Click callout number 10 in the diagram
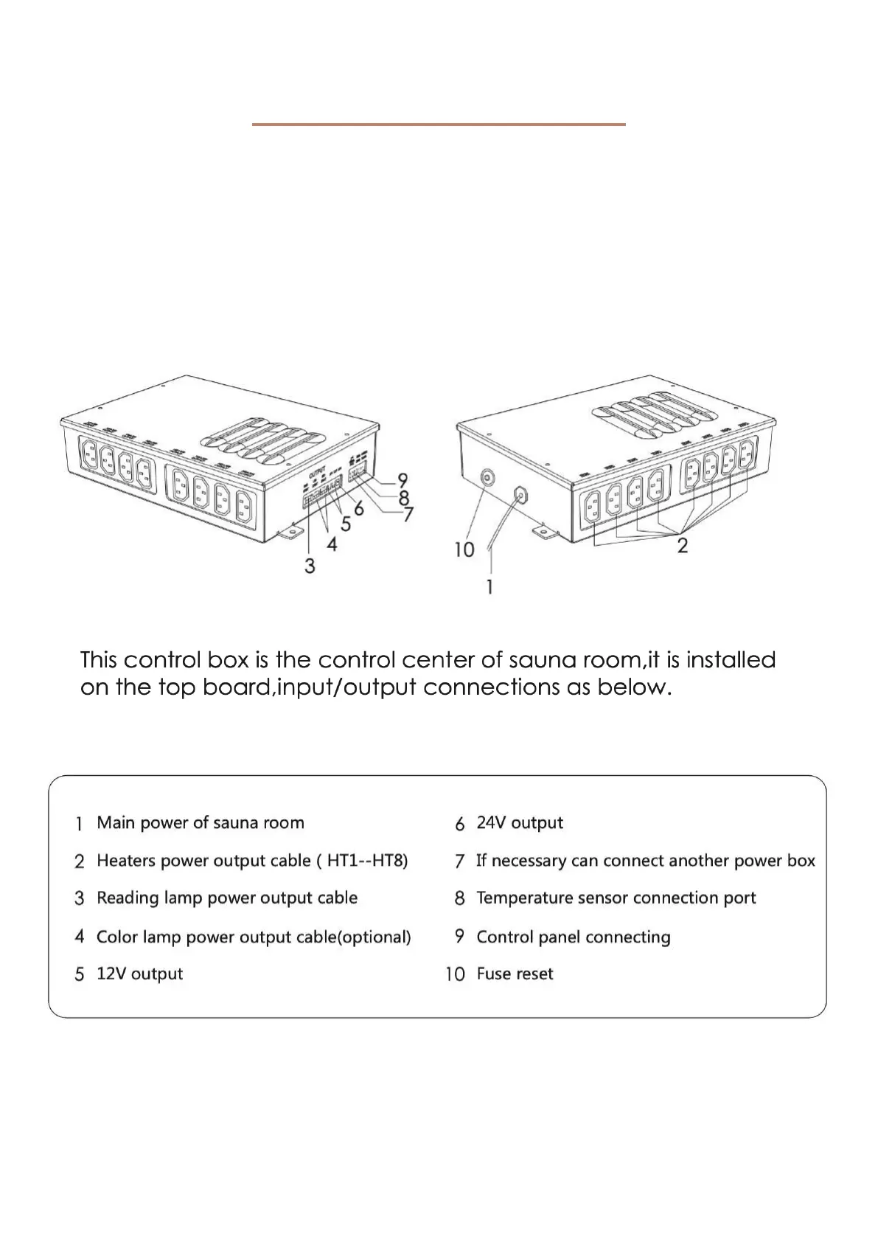(464, 549)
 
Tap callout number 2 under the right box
(682, 546)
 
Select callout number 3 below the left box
(310, 566)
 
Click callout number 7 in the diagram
(408, 514)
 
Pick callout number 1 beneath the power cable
(489, 587)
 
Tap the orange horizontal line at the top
(439, 125)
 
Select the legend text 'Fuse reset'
(515, 974)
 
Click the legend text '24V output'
(520, 822)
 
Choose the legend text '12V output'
(139, 974)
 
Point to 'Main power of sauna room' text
(200, 822)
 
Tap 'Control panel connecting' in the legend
(573, 937)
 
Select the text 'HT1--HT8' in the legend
(367, 861)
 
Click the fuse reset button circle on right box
(487, 478)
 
